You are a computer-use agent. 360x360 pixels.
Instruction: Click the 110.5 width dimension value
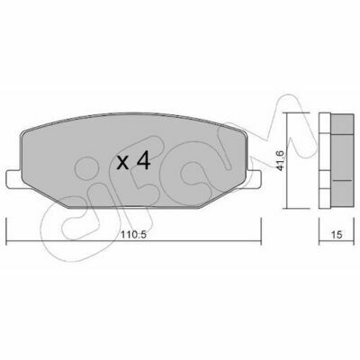tap(133, 235)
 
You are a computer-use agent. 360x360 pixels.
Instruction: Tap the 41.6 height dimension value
tap(281, 160)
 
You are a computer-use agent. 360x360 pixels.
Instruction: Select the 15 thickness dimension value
tap(337, 235)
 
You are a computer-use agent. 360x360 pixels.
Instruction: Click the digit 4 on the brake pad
tap(143, 162)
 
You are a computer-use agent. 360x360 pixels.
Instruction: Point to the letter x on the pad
tap(123, 163)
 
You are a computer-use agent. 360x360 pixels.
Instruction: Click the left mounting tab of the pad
tap(14, 180)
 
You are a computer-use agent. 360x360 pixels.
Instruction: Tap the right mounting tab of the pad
tap(254, 180)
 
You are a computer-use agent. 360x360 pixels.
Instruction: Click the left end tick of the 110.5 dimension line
tap(6, 231)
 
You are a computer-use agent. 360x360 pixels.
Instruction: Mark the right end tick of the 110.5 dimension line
tap(261, 231)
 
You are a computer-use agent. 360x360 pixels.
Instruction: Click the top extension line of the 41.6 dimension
tap(296, 112)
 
